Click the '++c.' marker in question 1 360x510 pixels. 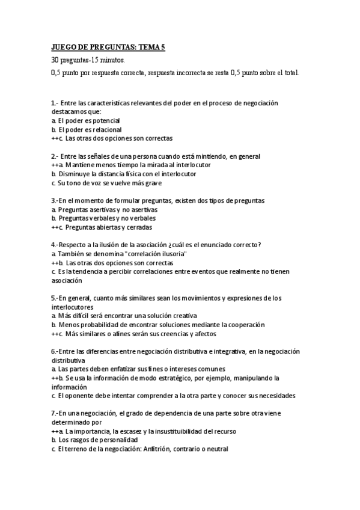[x=57, y=138]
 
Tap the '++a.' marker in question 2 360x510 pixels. [x=57, y=165]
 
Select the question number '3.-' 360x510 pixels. [x=55, y=201]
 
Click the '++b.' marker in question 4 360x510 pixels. [x=57, y=263]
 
